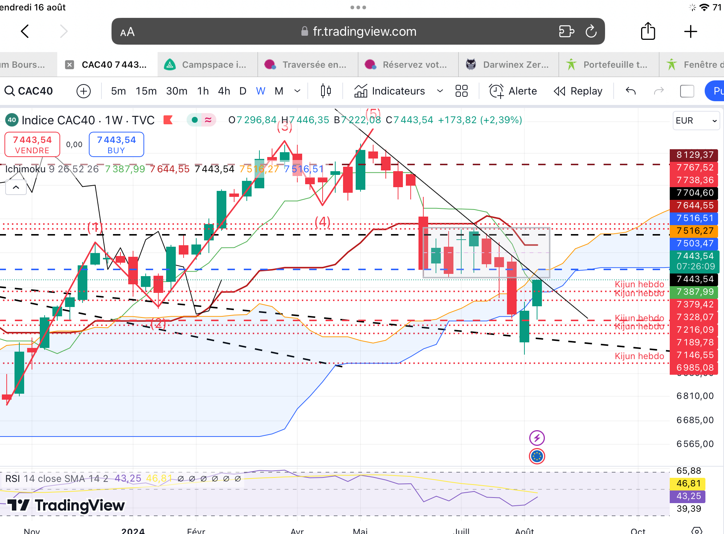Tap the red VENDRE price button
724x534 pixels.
pos(32,144)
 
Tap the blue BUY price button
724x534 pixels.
pos(116,144)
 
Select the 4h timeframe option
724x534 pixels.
pos(224,91)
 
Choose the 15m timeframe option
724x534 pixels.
pos(146,91)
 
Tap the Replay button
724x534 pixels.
pos(578,91)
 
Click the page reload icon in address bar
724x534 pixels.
pos(591,32)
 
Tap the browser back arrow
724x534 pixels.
pos(25,32)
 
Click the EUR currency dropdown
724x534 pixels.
pos(696,121)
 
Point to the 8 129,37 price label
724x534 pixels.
pos(695,155)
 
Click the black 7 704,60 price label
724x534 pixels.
pos(695,193)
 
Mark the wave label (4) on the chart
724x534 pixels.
pos(322,222)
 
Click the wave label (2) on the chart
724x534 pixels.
pos(158,323)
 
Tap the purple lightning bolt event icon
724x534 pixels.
pos(537,438)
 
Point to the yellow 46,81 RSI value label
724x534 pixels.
pos(688,483)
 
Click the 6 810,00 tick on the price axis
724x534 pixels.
pos(695,396)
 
